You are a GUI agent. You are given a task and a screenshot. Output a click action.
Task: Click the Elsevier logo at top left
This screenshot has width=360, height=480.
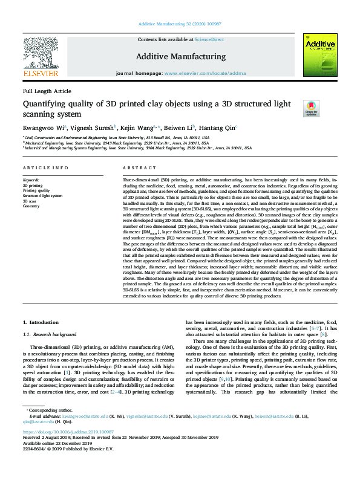[41, 57]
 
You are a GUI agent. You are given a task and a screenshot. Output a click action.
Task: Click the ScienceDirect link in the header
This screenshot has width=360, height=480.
[210, 39]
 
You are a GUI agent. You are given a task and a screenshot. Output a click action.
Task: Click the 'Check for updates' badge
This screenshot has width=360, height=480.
[311, 108]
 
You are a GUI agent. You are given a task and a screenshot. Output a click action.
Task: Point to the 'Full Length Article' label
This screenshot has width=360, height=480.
[47, 91]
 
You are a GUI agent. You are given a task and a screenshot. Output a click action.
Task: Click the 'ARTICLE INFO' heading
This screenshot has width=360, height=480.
[41, 167]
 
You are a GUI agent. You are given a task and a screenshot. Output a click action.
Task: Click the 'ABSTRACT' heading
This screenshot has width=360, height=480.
[136, 167]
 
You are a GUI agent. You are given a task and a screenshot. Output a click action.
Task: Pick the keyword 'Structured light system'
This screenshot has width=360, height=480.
[43, 196]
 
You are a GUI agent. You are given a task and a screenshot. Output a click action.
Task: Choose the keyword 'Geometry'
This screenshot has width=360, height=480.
[31, 206]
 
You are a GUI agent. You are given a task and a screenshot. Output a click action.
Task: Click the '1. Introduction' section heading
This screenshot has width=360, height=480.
[41, 324]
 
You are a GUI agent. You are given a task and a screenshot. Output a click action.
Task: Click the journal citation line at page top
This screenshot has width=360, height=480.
[180, 24]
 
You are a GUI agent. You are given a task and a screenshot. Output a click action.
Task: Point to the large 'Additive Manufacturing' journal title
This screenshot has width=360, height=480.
[180, 56]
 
